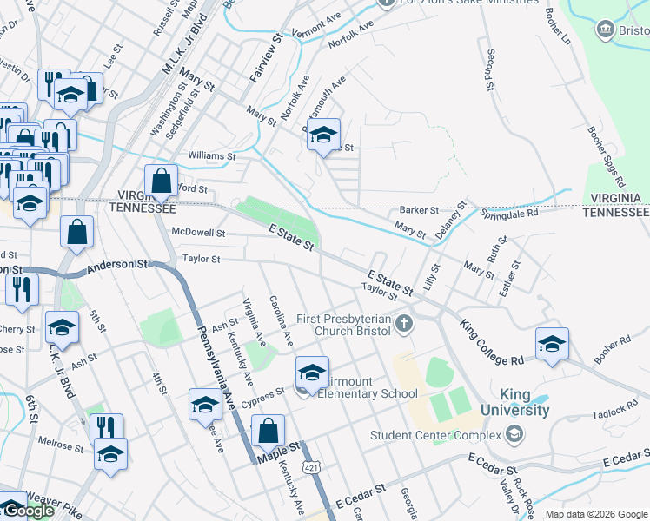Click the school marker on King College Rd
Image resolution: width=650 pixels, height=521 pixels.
point(552,345)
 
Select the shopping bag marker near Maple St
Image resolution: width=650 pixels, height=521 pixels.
point(268,431)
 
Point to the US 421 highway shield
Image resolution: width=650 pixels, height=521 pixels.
point(311,468)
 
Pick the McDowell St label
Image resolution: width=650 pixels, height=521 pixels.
point(198,233)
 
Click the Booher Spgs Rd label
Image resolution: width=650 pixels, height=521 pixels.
point(606,157)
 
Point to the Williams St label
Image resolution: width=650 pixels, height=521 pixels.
point(211,156)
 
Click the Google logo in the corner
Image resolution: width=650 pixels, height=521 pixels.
point(28,511)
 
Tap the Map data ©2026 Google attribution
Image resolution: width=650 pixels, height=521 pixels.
point(596,514)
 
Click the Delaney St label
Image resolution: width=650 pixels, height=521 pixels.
point(451,222)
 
